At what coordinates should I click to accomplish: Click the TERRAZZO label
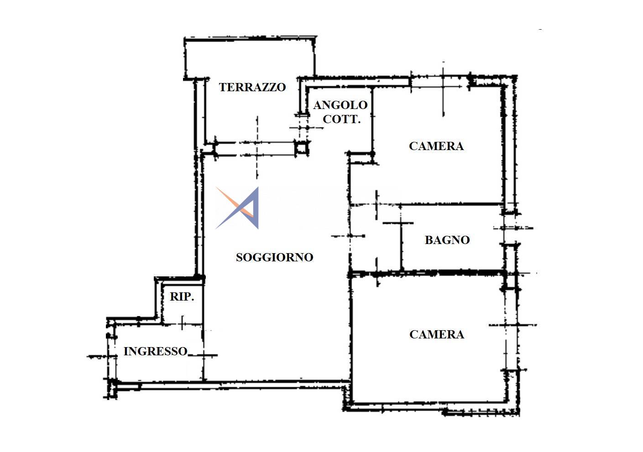pyautogui.click(x=252, y=87)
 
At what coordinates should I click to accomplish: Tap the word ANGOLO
pyautogui.click(x=340, y=105)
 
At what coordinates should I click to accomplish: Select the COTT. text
pyautogui.click(x=342, y=119)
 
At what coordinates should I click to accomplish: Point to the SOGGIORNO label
pyautogui.click(x=274, y=257)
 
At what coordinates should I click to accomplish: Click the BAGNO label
pyautogui.click(x=447, y=240)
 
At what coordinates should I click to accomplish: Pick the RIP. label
pyautogui.click(x=182, y=296)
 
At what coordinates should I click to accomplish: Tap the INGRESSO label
pyautogui.click(x=156, y=351)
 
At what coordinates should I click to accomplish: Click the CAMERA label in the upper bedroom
pyautogui.click(x=436, y=146)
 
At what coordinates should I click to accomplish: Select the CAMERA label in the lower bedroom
pyautogui.click(x=437, y=334)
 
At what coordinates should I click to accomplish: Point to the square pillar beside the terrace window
pyautogui.click(x=302, y=148)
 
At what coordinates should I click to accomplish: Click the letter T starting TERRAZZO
pyautogui.click(x=223, y=87)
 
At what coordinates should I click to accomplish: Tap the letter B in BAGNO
pyautogui.click(x=429, y=240)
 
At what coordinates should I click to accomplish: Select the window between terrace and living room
pyautogui.click(x=256, y=149)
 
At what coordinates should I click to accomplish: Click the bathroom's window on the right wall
pyautogui.click(x=510, y=229)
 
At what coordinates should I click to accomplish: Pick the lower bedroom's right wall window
pyautogui.click(x=512, y=329)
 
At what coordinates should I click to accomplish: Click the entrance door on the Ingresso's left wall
pyautogui.click(x=112, y=357)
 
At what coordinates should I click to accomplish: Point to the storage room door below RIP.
pyautogui.click(x=182, y=324)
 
